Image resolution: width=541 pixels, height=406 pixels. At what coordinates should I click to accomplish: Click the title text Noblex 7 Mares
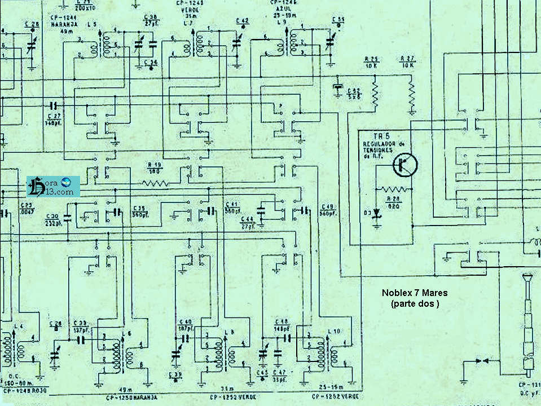[414, 293]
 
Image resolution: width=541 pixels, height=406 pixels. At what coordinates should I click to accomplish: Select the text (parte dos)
[414, 303]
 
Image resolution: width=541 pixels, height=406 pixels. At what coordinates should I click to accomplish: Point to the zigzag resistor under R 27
[412, 94]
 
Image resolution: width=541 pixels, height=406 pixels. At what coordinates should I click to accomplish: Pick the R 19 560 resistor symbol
[155, 183]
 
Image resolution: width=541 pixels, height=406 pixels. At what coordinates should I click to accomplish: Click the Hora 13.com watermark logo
[54, 186]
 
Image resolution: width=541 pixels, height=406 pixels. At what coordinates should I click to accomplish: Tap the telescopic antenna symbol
[528, 321]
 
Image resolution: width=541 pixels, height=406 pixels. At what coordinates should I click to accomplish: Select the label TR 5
[382, 136]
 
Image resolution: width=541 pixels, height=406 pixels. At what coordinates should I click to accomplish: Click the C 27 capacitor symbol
[54, 105]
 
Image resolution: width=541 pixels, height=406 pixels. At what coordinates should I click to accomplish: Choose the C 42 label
[241, 21]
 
